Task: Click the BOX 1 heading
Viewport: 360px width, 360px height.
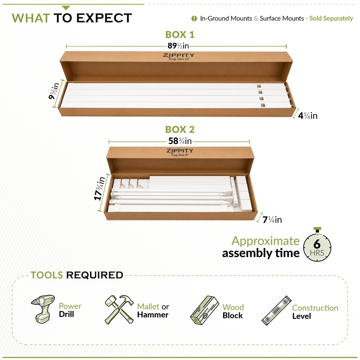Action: click(x=180, y=35)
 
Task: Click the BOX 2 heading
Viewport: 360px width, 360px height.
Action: click(x=180, y=130)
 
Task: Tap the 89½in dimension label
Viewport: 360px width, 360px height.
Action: click(x=178, y=46)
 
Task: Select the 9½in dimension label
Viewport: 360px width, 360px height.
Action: click(x=54, y=91)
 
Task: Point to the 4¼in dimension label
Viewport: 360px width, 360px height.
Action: click(x=308, y=115)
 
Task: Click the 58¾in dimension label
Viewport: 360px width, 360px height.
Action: click(x=180, y=141)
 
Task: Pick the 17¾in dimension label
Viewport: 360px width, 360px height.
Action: click(x=100, y=188)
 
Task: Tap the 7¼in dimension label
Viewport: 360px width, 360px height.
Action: click(x=272, y=220)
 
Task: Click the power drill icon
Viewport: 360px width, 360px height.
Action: click(x=43, y=309)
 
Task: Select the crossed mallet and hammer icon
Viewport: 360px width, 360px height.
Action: click(x=119, y=309)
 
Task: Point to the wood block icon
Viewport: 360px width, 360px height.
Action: click(x=205, y=310)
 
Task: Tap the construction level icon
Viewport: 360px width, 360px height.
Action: click(x=276, y=310)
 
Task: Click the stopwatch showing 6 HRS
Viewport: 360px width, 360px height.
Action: click(x=317, y=245)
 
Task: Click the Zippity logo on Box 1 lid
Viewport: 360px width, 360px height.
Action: click(x=179, y=56)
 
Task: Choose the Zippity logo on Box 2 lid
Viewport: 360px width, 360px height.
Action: click(x=180, y=152)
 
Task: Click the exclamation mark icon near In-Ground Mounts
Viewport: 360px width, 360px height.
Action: click(x=194, y=19)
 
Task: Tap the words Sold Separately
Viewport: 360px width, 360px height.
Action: click(x=331, y=19)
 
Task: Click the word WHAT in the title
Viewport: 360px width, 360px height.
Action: click(x=31, y=18)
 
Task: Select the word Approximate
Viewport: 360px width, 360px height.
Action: click(x=266, y=241)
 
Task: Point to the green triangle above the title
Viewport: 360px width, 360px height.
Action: click(x=66, y=8)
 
